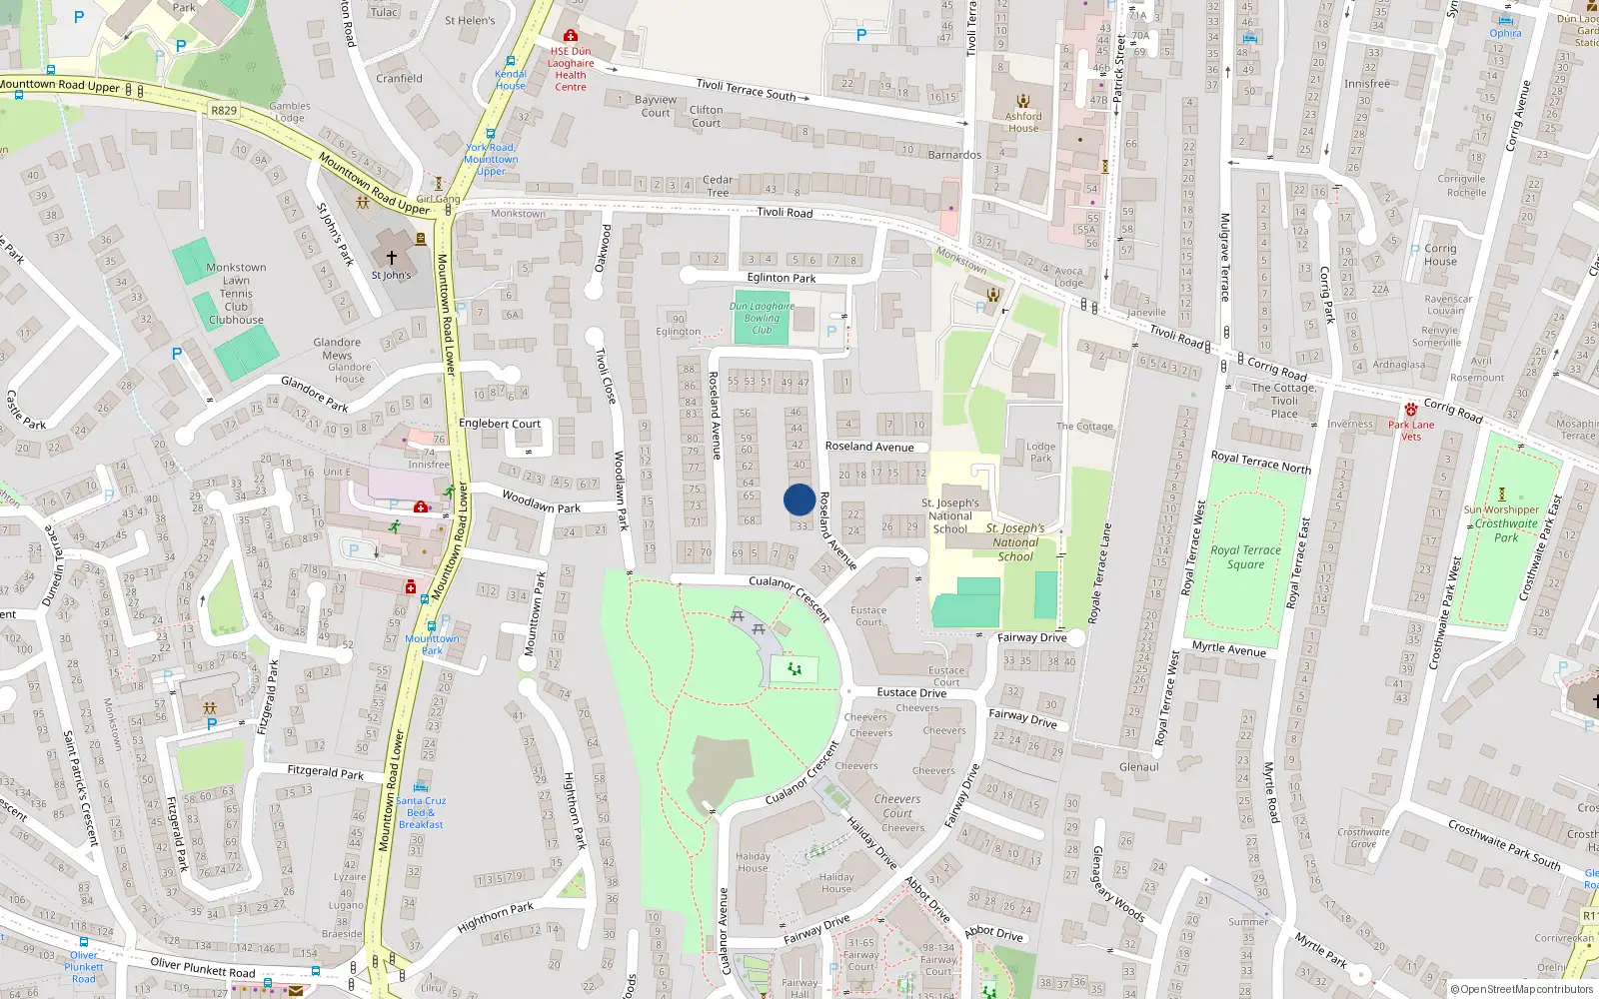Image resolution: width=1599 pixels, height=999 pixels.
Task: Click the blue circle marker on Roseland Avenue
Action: (x=799, y=499)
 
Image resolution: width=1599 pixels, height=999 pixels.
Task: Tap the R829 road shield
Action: (x=224, y=111)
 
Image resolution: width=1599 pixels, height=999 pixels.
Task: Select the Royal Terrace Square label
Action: (x=1245, y=557)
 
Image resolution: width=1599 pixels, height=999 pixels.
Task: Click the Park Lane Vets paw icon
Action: (x=1411, y=410)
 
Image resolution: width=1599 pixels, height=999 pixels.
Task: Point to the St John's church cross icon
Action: (x=392, y=258)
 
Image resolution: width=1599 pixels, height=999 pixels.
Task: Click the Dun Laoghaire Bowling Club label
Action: (x=762, y=318)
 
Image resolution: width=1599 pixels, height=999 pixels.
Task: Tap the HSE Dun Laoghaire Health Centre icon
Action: (x=571, y=36)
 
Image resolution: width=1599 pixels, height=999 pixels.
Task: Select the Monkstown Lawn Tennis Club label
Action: (x=236, y=294)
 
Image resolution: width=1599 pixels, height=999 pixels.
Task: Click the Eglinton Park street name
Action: (x=782, y=278)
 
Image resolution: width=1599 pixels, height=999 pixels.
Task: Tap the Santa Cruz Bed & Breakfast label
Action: (x=421, y=812)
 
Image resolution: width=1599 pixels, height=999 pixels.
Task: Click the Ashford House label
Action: (x=1023, y=122)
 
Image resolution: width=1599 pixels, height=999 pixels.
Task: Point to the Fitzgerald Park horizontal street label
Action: (x=326, y=772)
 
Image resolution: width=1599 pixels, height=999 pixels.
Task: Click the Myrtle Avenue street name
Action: (x=1228, y=648)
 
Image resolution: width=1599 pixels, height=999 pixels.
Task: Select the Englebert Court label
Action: (x=499, y=424)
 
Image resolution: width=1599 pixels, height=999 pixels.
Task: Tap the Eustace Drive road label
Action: (x=911, y=692)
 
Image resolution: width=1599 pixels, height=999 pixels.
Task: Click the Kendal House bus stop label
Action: (x=511, y=80)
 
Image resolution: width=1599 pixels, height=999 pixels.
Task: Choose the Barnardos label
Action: (x=954, y=155)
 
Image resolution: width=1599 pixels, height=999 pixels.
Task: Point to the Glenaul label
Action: (x=1139, y=767)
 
